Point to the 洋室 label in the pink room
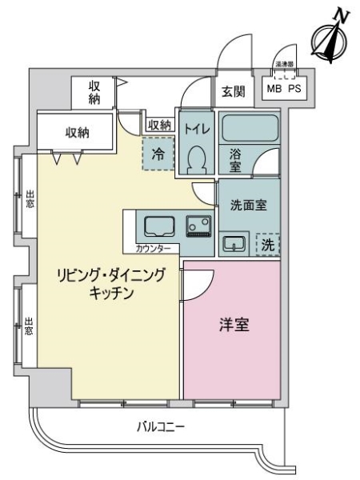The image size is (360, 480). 233,326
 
